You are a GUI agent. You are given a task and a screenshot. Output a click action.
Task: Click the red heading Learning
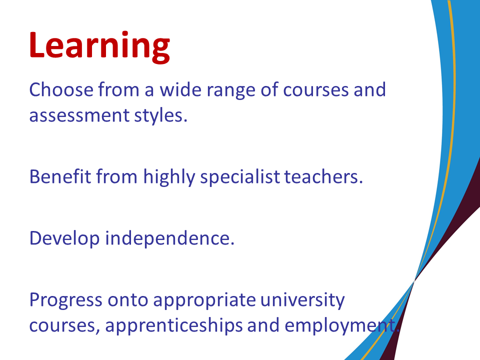(99, 46)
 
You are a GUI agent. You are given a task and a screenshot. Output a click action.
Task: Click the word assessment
(79, 115)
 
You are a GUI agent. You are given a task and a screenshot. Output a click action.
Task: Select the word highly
(169, 177)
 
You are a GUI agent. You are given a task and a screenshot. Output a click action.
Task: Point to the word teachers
(323, 176)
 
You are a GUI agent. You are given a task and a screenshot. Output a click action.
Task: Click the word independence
(170, 238)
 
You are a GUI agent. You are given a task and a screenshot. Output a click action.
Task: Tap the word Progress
(65, 300)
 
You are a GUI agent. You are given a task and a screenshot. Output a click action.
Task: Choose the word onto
(128, 300)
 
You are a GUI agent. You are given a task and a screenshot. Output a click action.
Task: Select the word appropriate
(204, 300)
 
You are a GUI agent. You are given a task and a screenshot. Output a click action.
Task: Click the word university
(302, 300)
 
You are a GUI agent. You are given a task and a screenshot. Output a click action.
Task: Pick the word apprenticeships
(174, 325)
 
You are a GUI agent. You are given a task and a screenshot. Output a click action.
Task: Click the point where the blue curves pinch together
(414, 280)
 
